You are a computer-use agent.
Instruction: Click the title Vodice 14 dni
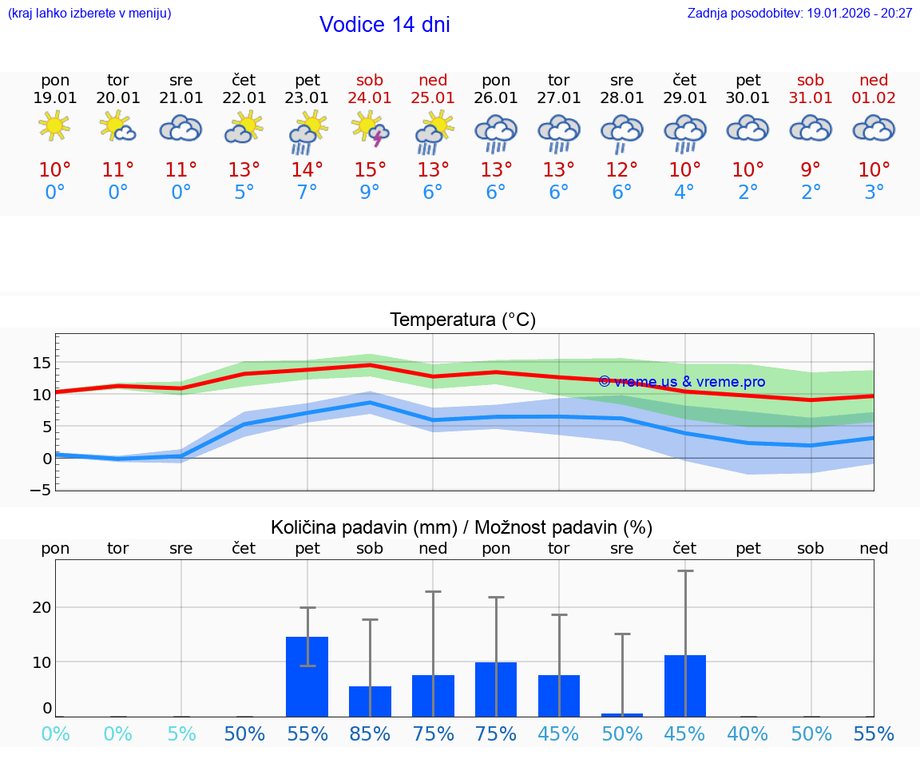click(384, 25)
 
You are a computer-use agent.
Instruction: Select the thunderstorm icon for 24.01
click(371, 131)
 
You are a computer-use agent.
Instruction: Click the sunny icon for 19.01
click(54, 126)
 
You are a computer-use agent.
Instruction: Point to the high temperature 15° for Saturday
click(370, 170)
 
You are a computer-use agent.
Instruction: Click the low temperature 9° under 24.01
click(370, 193)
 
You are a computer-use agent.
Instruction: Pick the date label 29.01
click(684, 98)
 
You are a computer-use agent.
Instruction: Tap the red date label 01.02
click(874, 98)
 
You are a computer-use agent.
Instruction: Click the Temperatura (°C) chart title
click(462, 320)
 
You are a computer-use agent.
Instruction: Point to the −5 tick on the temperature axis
click(42, 490)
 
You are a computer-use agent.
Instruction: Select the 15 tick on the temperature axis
click(42, 363)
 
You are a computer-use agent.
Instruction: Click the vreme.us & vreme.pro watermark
click(681, 382)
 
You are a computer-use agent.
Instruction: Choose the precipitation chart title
click(462, 527)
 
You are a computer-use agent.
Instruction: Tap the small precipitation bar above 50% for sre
click(622, 714)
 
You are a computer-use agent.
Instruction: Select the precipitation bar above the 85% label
click(370, 701)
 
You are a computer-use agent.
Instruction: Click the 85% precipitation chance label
click(370, 734)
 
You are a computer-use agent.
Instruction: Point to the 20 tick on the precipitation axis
click(42, 607)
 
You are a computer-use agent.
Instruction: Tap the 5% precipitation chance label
click(181, 734)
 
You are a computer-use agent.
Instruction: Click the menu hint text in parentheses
click(89, 14)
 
